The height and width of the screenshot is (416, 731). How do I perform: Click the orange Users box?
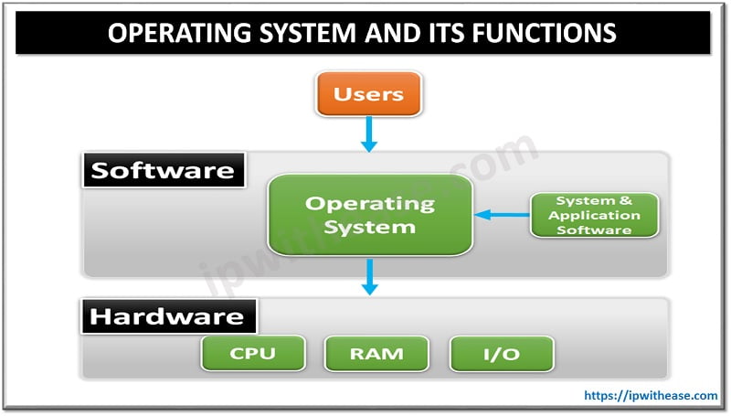(369, 94)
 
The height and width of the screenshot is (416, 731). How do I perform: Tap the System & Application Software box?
(595, 216)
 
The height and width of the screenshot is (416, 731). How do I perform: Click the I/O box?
(502, 352)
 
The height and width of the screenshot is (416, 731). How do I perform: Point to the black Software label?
(164, 170)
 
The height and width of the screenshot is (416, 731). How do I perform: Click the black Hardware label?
(168, 316)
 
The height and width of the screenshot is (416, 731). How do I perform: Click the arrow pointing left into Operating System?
(502, 216)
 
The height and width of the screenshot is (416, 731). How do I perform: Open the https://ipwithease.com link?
(651, 395)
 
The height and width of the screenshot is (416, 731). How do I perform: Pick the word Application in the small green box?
(595, 216)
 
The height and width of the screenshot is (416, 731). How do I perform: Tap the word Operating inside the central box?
(369, 203)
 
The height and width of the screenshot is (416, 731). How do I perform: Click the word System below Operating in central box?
(369, 227)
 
